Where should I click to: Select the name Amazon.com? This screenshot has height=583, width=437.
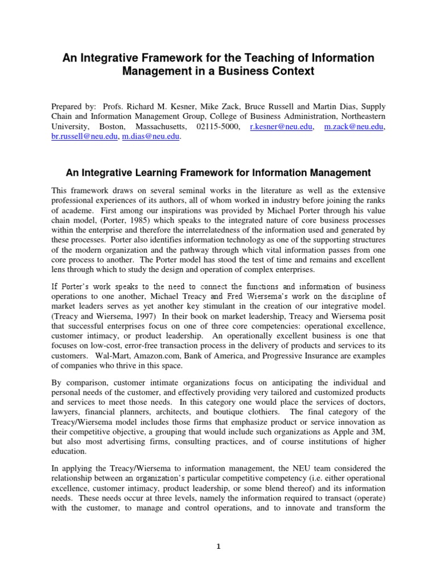148,355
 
